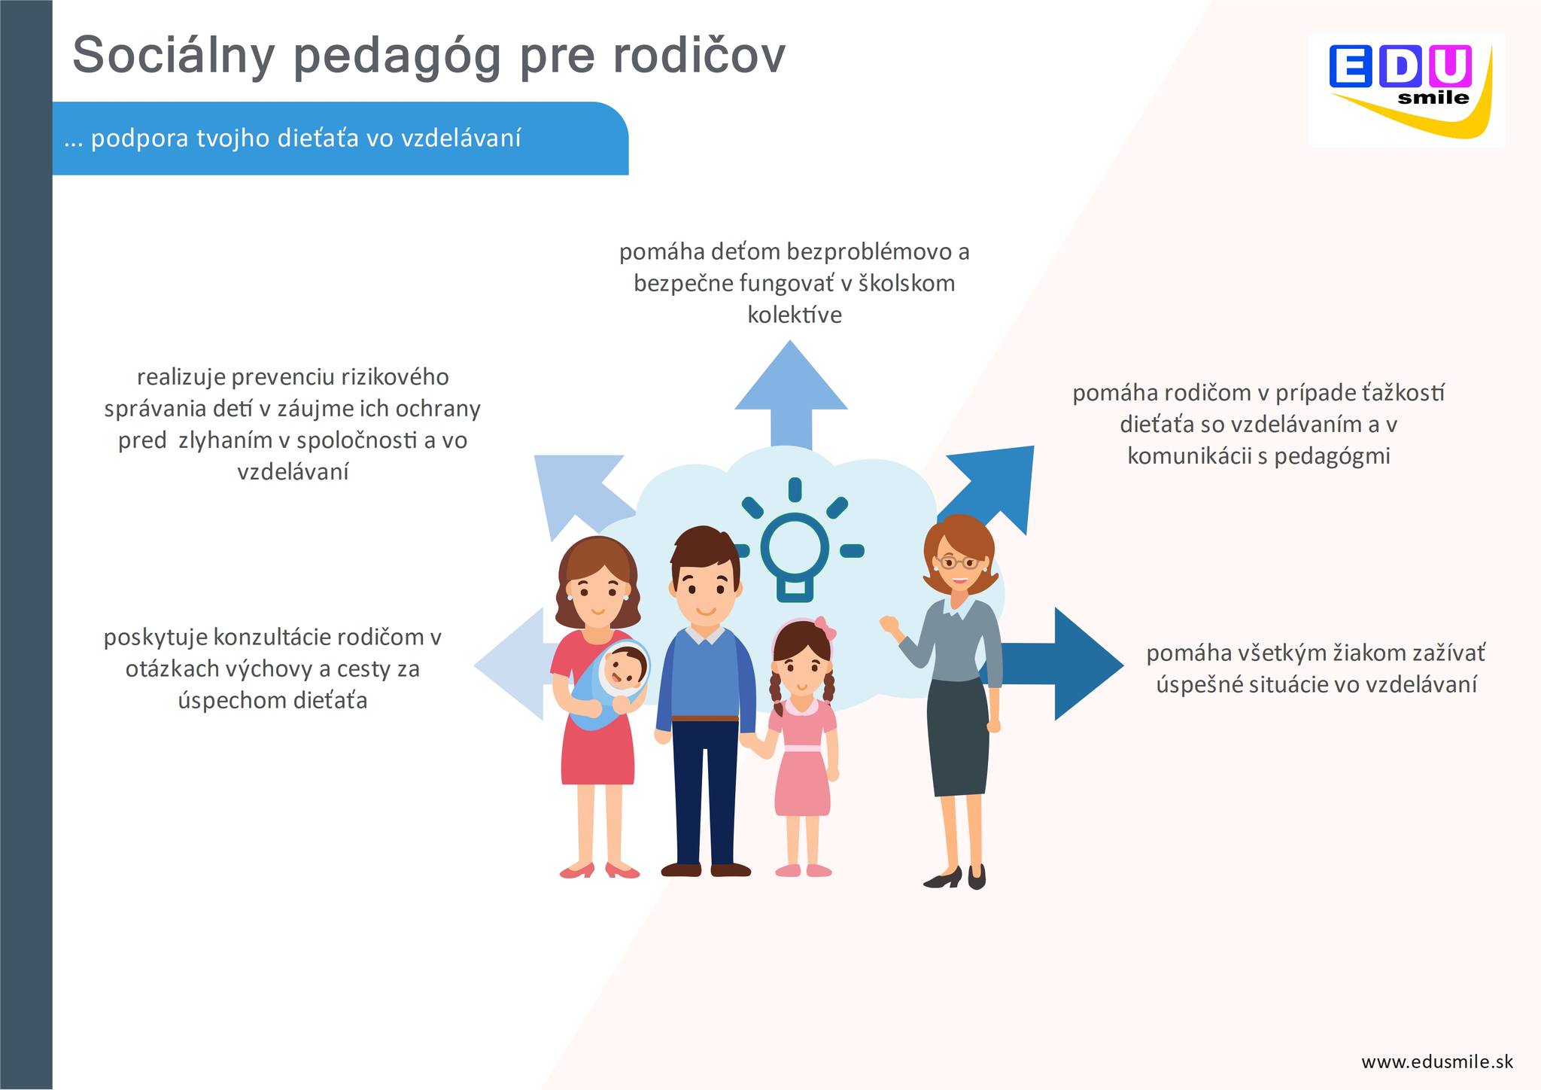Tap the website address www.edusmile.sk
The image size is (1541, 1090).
click(x=1437, y=1061)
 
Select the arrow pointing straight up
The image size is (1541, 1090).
click(x=791, y=394)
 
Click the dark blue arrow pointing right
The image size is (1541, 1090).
click(x=1062, y=664)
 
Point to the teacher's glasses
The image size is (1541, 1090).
click(x=957, y=562)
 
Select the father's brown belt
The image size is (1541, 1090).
click(x=705, y=718)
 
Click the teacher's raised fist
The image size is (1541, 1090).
click(x=890, y=625)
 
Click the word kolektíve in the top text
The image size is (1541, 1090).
click(x=795, y=315)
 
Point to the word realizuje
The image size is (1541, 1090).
click(x=181, y=376)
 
